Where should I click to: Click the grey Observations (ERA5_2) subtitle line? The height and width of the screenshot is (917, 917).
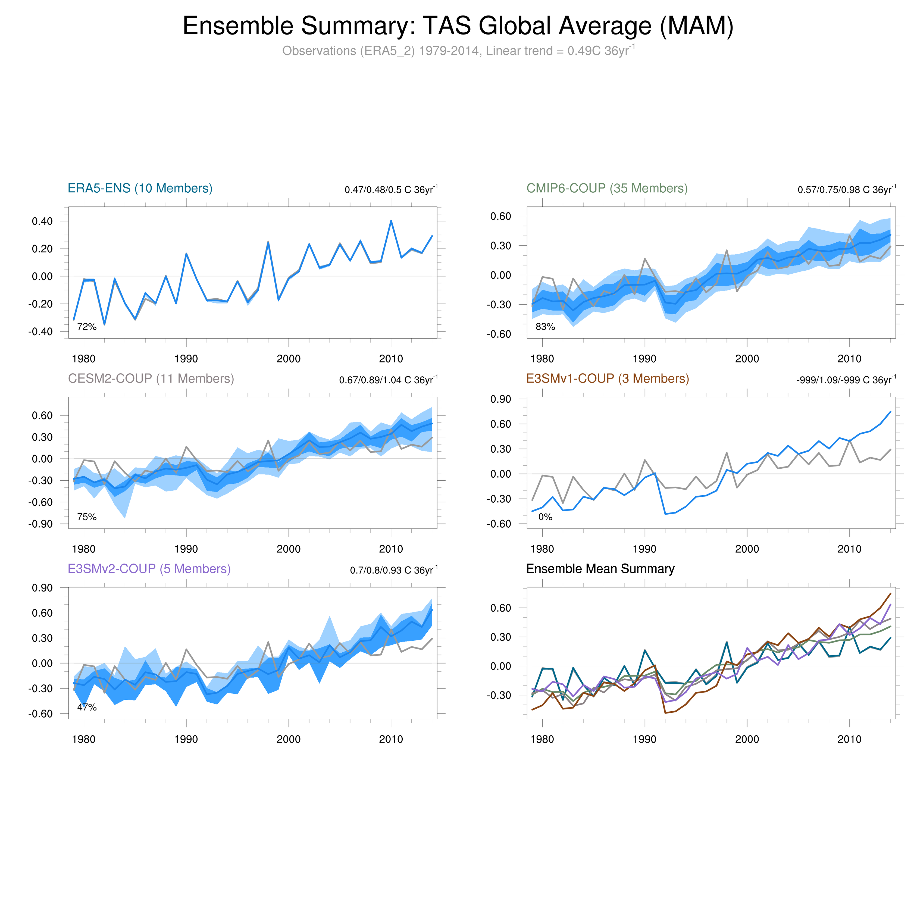(x=458, y=51)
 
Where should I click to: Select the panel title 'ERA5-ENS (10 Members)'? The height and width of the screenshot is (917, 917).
(x=140, y=189)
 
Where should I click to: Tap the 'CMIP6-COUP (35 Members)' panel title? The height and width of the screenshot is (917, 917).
(x=607, y=189)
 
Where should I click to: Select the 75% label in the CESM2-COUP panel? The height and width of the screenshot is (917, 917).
(x=87, y=517)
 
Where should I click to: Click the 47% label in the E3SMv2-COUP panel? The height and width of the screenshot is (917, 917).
(x=87, y=707)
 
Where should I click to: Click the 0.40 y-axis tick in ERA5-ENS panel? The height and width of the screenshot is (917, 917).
(x=42, y=221)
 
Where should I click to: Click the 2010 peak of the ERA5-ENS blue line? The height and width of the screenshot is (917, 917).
(x=391, y=221)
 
